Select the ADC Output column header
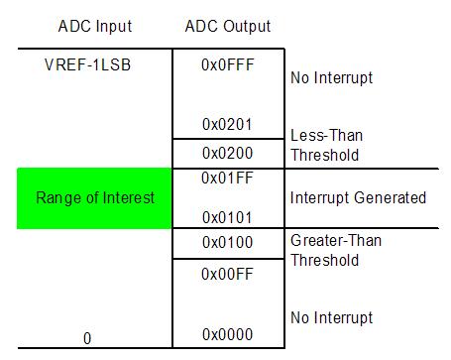[x=227, y=26]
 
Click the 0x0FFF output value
[x=227, y=63]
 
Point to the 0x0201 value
[x=227, y=125]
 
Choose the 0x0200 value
[x=227, y=154]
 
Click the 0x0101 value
[x=227, y=216]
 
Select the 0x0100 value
[x=227, y=242]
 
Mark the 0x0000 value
[x=227, y=334]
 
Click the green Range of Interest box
[x=95, y=198]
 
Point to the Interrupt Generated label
[x=358, y=198]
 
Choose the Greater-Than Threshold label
[x=336, y=249]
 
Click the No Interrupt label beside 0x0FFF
[x=331, y=76]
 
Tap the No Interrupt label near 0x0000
[x=331, y=318]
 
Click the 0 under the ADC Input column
[x=87, y=338]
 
